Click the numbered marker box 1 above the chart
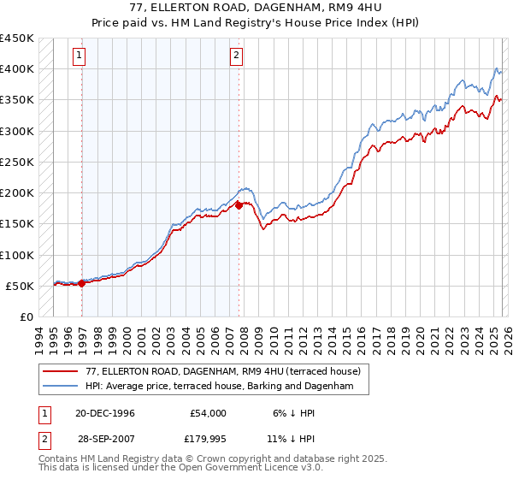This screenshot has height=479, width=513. point(79,56)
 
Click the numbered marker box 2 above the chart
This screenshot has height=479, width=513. point(235,56)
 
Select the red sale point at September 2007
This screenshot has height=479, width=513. point(239,205)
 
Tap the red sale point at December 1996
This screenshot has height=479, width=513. point(82,283)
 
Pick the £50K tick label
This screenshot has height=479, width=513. point(20,286)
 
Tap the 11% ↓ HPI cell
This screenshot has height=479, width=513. point(291,441)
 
